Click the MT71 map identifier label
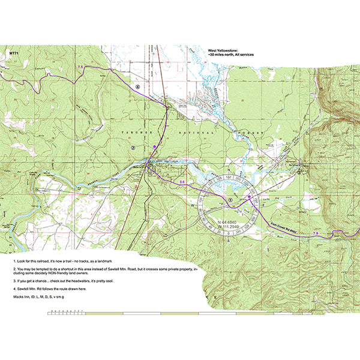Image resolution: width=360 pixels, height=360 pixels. pos(13,53)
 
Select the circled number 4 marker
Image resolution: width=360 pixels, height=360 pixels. pos(137,86)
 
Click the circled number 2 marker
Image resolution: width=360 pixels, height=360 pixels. pos(133,146)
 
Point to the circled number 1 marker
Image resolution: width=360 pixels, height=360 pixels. pos(230,199)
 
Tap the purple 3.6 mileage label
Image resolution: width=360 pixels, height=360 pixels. pos(182,181)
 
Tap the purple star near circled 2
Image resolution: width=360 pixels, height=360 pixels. pos(154,146)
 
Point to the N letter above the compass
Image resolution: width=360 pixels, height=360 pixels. pos(229,170)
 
